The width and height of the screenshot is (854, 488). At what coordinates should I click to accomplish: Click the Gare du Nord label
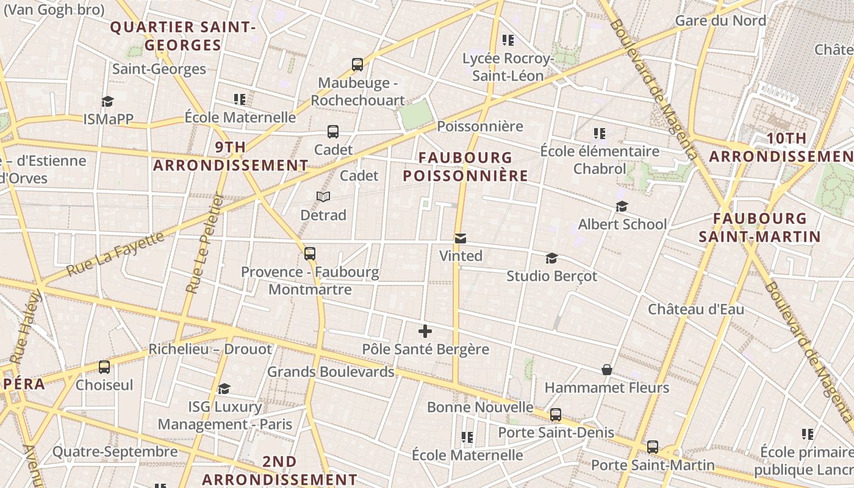(x=720, y=21)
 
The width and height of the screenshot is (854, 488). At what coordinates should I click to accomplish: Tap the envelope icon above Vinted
(x=461, y=239)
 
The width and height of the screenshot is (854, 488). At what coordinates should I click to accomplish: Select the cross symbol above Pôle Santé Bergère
(x=425, y=332)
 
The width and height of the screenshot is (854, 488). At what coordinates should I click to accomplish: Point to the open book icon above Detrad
(x=323, y=197)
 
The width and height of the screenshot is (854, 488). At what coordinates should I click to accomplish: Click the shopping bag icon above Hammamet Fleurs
(x=607, y=370)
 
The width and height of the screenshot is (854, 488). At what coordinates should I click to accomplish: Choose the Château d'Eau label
(x=696, y=309)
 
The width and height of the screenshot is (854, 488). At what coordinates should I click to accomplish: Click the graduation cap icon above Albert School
(x=622, y=207)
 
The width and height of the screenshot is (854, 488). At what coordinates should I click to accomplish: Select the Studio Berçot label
(x=552, y=276)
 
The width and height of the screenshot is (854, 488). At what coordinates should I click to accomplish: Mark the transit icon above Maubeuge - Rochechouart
(x=357, y=64)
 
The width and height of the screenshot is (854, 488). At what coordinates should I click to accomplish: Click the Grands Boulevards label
(x=331, y=371)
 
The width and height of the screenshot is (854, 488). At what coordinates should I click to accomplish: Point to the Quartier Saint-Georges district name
(x=182, y=36)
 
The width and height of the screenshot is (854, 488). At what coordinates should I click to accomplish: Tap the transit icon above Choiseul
(x=104, y=367)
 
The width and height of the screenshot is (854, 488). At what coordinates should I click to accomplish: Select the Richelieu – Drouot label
(x=210, y=350)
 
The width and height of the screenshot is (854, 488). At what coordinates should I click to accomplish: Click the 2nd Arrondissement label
(x=280, y=470)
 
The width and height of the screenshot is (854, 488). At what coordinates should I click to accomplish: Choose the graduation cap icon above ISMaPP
(x=108, y=101)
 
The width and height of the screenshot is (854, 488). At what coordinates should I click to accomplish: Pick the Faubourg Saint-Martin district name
(x=759, y=228)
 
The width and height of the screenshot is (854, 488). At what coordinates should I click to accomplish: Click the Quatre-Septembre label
(x=115, y=452)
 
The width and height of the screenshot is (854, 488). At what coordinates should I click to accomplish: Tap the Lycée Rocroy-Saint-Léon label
(x=508, y=67)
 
